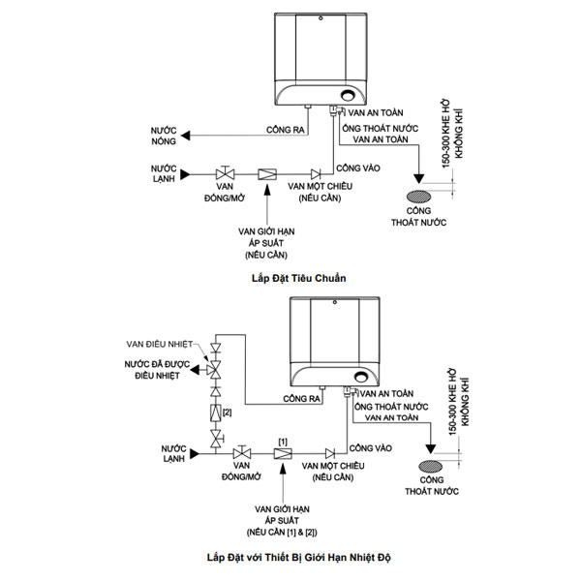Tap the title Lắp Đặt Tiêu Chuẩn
tap(297, 278)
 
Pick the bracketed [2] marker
tap(228, 413)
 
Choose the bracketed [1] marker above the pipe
tap(283, 441)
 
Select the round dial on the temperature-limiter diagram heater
tap(361, 376)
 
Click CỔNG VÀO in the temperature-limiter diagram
tap(369, 447)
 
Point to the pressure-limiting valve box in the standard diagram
tap(265, 175)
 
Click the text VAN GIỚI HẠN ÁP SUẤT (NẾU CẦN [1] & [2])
tap(281, 519)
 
